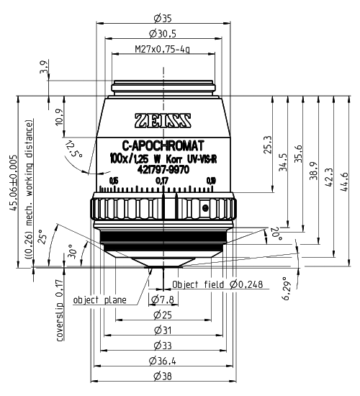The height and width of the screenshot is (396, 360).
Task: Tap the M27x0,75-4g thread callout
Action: point(163,50)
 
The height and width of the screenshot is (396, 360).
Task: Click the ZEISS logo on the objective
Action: point(163,120)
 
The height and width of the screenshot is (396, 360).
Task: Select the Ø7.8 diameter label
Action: point(163,299)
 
